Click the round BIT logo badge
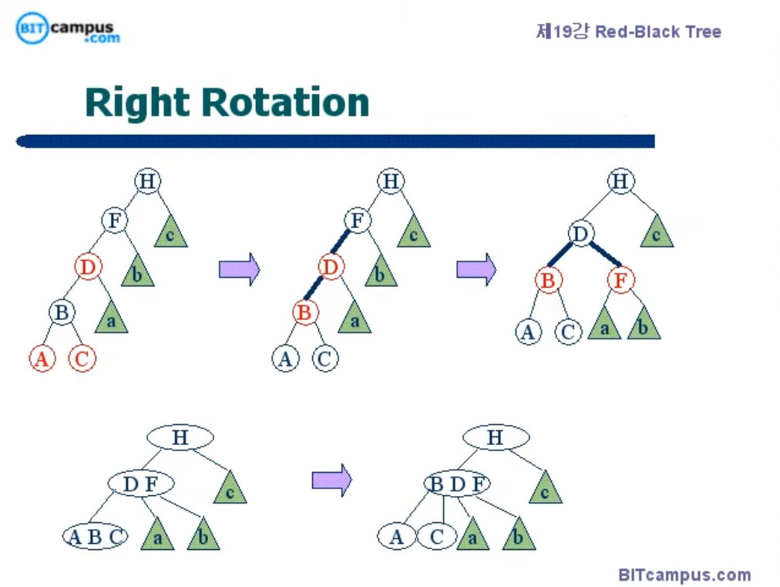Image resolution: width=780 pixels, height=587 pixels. tap(32, 29)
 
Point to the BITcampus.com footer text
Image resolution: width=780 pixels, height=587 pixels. tap(684, 575)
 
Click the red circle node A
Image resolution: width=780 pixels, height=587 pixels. tap(42, 359)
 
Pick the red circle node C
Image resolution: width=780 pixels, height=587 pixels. tap(82, 359)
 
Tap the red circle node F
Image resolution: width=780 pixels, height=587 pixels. tap(620, 280)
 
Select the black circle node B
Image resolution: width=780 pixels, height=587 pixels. tap(62, 312)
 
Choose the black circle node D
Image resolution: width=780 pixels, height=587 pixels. tap(581, 233)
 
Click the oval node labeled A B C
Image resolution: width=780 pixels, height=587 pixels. tap(95, 537)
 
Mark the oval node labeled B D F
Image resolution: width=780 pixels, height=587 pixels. tap(457, 484)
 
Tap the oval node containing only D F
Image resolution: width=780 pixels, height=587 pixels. tap(141, 484)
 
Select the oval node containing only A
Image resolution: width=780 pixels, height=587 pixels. tap(396, 537)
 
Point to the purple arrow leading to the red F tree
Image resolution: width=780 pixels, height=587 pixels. tap(476, 269)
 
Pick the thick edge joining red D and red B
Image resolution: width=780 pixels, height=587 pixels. tap(313, 288)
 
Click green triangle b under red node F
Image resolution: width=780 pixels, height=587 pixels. tap(644, 327)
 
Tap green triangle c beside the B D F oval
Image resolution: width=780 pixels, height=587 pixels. tap(545, 490)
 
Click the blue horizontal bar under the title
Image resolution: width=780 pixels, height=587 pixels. tap(335, 141)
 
